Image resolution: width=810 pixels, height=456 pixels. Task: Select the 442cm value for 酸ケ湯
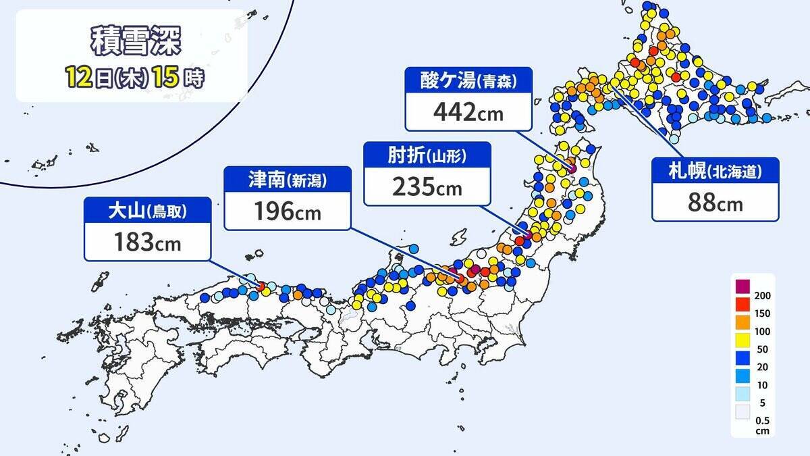468,111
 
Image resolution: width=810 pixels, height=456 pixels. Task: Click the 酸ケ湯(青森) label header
468,81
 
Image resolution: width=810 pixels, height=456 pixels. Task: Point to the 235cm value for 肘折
427,186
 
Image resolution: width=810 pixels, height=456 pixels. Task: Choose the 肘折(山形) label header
427,156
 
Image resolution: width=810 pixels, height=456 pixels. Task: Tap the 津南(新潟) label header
288,180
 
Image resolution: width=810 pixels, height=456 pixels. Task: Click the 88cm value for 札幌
714,203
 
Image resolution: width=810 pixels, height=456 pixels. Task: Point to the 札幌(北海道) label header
715,172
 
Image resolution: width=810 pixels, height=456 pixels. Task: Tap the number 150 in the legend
763,313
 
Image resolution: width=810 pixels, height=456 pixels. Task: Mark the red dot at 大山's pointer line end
261,286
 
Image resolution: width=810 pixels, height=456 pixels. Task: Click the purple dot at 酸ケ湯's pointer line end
572,168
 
